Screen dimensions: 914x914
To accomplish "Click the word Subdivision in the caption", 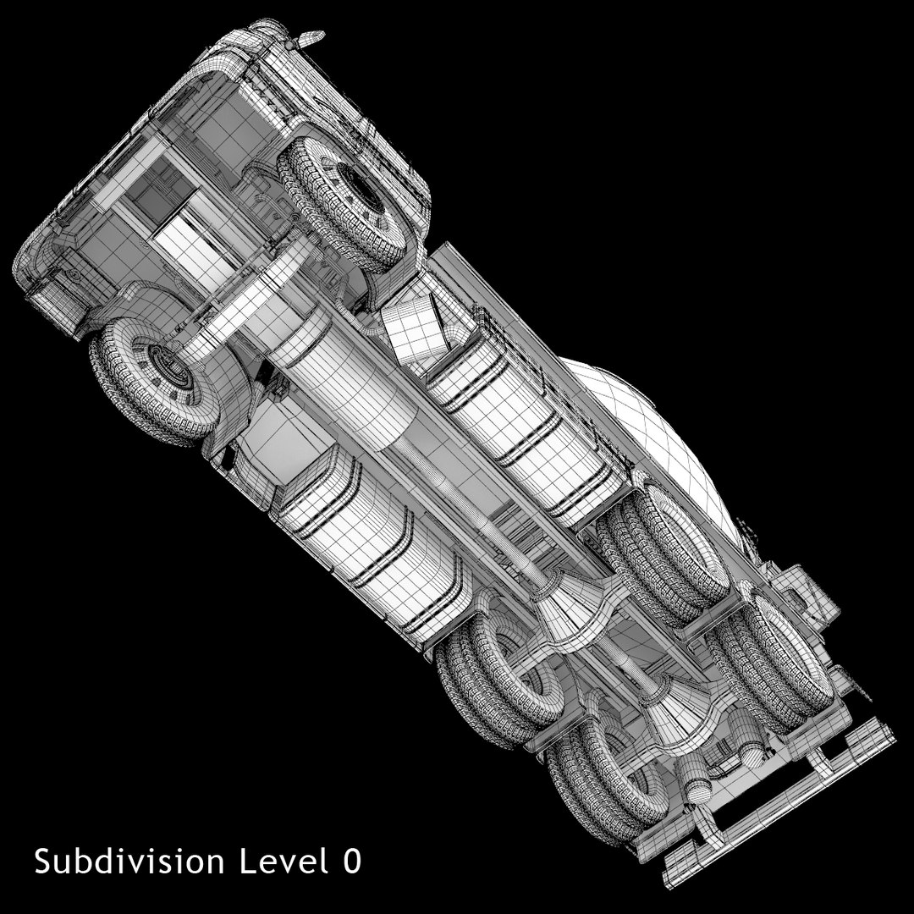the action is (x=129, y=862).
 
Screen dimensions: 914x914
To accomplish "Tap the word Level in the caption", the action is (x=284, y=861).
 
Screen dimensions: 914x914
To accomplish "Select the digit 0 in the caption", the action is (x=352, y=861).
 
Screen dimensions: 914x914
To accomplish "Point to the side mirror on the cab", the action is (x=309, y=38).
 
